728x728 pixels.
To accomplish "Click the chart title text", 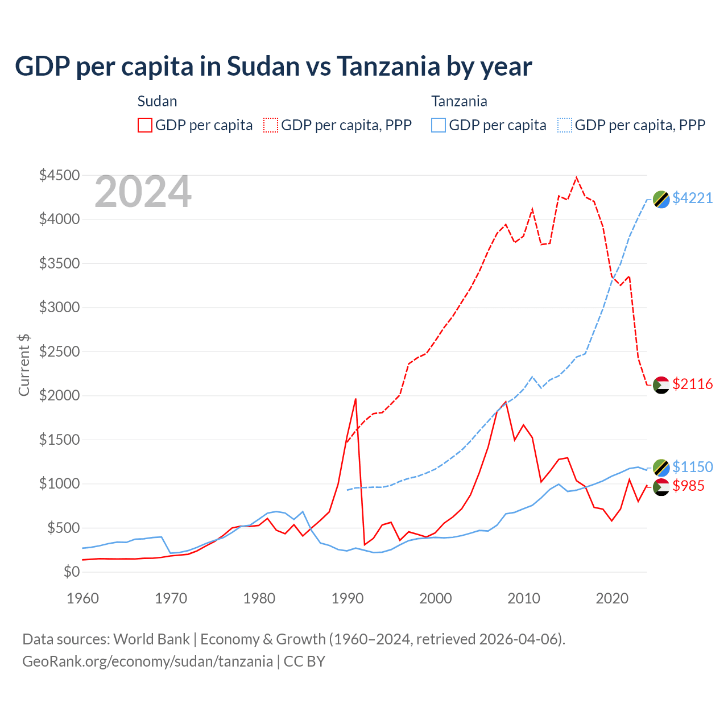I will (273, 67).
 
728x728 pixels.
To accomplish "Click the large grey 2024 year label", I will (143, 192).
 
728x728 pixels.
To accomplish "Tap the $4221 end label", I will (692, 198).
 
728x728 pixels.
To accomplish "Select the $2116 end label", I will (692, 384).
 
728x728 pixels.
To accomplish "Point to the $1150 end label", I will (692, 467).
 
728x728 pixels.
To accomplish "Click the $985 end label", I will (688, 486).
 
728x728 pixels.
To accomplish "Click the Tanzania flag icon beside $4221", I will (661, 199).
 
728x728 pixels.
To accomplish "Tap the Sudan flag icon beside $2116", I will (661, 385).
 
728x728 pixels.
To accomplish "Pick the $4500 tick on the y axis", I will (59, 175).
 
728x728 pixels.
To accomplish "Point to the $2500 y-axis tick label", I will (59, 351).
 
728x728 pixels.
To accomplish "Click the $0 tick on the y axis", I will (71, 572).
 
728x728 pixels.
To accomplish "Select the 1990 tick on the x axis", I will (348, 598).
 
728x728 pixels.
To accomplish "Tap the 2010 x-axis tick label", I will (524, 598).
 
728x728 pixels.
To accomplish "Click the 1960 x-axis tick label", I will (83, 598).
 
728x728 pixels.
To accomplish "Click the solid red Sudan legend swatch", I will (145, 125).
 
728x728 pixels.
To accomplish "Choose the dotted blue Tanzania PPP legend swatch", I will (565, 125).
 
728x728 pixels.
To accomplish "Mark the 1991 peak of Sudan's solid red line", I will (355, 399).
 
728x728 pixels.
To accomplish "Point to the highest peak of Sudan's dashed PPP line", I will (577, 177).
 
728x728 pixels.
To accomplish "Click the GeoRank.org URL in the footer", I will (148, 661).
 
